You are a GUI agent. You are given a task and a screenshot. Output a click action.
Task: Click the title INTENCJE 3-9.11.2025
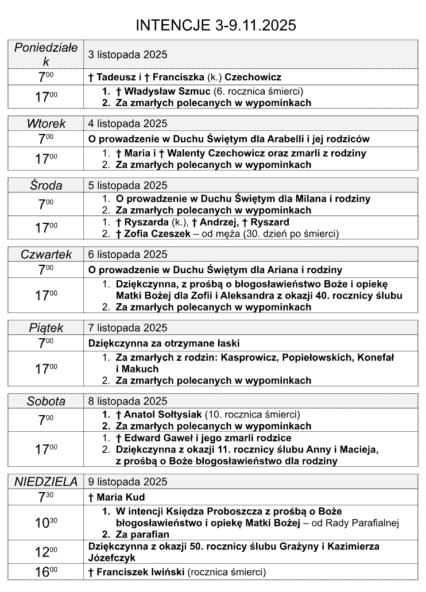point(215,25)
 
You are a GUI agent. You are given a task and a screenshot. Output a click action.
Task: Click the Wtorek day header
point(46,123)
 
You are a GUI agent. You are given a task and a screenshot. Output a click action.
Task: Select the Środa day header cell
point(46,185)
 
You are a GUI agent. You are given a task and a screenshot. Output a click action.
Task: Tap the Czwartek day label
point(46,254)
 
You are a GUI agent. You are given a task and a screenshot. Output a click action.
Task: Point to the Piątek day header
point(46,328)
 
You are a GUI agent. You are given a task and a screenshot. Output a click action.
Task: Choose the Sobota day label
point(46,401)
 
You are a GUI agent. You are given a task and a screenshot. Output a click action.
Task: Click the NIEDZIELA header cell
point(46,482)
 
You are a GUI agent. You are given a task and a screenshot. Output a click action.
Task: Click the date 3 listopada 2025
point(127,55)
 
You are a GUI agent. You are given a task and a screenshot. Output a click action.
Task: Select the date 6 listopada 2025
point(127,254)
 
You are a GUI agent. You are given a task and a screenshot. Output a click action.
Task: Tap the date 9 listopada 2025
point(127,482)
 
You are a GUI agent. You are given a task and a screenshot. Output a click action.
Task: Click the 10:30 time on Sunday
point(46,522)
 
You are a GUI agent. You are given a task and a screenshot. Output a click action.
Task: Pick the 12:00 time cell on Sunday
point(46,552)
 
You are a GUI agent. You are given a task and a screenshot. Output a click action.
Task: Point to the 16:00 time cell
point(46,572)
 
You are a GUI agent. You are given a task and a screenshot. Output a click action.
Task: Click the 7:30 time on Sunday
point(46,497)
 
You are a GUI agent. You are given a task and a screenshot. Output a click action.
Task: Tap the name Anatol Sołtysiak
point(166,415)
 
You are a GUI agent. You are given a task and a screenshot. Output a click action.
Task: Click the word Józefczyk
point(113,557)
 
